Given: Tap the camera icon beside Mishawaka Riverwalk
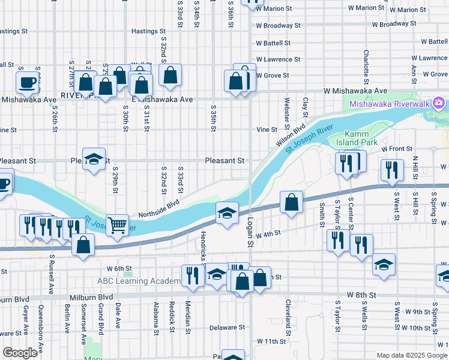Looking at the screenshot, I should click(439, 104).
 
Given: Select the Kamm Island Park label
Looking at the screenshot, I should click(361, 139).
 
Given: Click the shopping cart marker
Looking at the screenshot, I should click(117, 225).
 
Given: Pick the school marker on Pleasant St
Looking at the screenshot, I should click(94, 159).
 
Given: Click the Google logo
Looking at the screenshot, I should click(20, 353).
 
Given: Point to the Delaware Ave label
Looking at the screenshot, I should click(228, 328).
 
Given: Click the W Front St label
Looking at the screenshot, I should click(397, 148).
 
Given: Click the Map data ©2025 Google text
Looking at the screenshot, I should click(412, 355).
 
